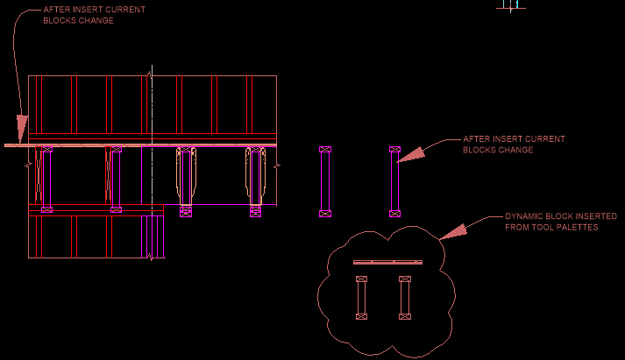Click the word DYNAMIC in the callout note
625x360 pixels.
point(523,216)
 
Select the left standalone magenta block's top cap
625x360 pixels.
point(325,151)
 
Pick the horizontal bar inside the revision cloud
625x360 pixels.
point(387,262)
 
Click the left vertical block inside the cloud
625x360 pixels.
point(360,298)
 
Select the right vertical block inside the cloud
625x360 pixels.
point(404,298)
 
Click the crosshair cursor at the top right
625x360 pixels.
point(511,4)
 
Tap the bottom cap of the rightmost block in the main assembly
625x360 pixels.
point(255,209)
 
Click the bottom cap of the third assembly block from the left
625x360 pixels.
point(186,209)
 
